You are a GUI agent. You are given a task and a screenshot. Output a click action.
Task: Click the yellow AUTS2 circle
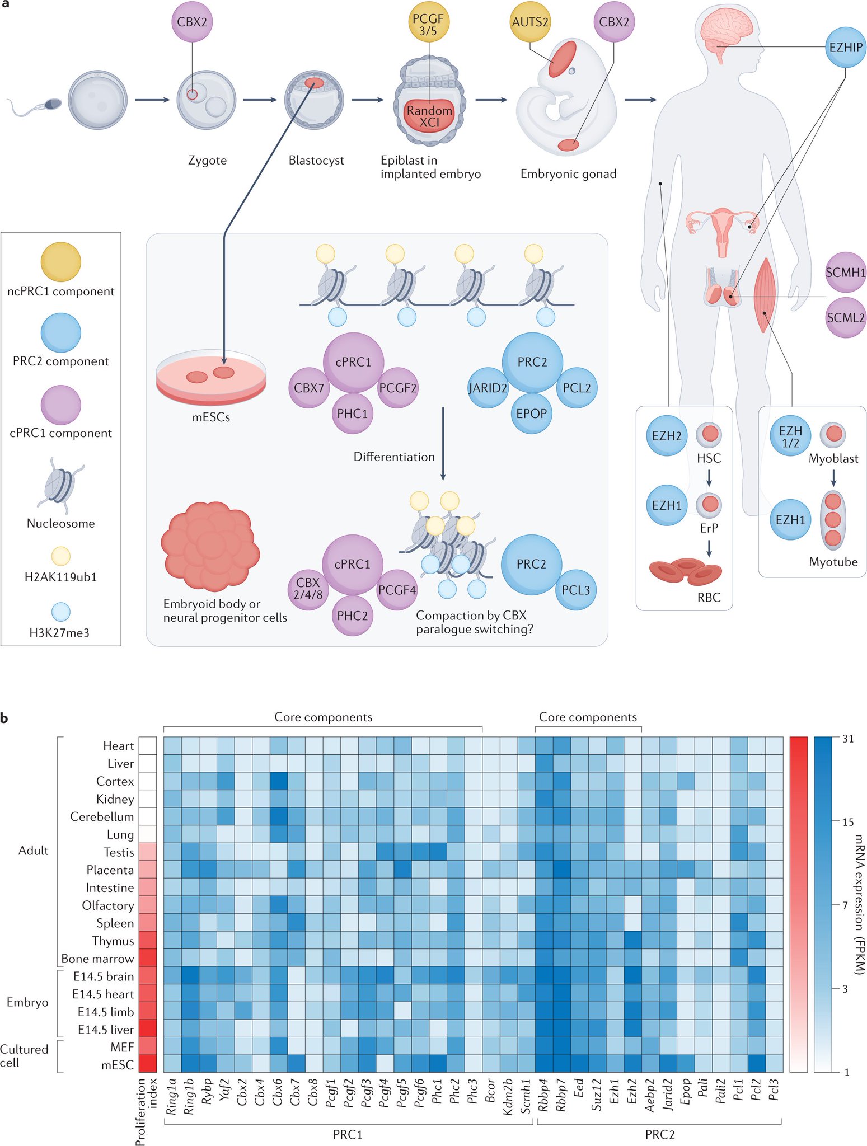coord(530,22)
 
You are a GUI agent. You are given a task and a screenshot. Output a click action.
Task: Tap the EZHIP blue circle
coord(845,48)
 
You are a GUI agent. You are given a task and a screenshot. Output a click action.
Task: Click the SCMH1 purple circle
coord(845,273)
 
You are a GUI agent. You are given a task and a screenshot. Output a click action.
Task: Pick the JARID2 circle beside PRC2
coord(488,388)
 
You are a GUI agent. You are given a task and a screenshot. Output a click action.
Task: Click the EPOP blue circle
coord(531,414)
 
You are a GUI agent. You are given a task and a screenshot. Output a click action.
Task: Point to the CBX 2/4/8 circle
coord(308,589)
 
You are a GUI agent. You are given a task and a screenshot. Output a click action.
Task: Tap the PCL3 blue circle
coord(576,590)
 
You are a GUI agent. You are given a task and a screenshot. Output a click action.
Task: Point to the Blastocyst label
coord(316,161)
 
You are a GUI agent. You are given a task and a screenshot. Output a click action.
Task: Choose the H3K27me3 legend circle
coord(60,612)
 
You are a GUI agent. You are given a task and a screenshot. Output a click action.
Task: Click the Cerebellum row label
coord(101,816)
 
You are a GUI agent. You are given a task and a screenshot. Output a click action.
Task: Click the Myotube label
coord(833,562)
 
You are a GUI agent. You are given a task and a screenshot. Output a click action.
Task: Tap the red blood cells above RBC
coord(685,571)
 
